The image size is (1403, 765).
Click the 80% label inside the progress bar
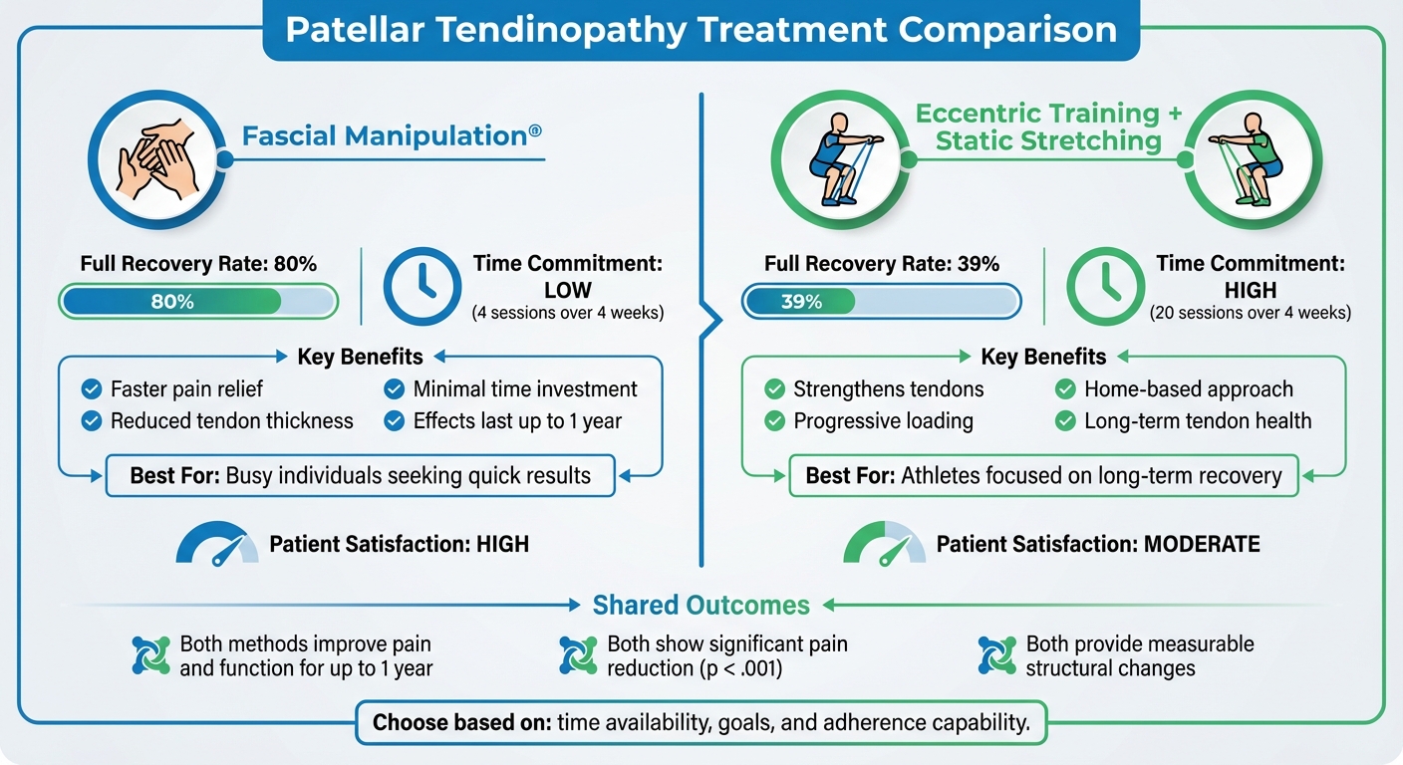(171, 302)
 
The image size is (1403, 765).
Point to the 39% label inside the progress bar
(801, 302)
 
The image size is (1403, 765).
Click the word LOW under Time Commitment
(568, 291)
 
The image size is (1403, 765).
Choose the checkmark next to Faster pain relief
(92, 389)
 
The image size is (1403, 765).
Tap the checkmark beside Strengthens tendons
(774, 389)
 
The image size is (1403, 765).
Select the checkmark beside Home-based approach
(1065, 389)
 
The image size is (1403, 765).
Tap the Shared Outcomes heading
(701, 605)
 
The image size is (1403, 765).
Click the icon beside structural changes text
(997, 655)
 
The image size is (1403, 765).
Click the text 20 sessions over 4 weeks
(1250, 313)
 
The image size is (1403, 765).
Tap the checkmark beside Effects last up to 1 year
(395, 421)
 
